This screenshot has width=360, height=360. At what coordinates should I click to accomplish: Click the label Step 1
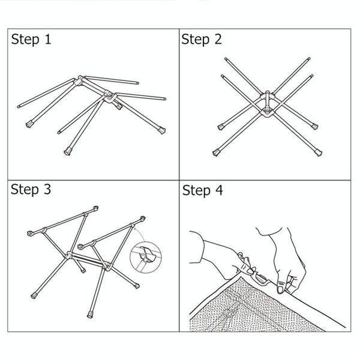[31, 40]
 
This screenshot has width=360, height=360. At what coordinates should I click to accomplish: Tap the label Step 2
[202, 40]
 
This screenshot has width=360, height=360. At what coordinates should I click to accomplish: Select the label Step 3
[31, 190]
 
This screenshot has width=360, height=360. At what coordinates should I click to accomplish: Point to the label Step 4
[203, 191]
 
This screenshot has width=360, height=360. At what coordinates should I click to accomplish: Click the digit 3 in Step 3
[47, 189]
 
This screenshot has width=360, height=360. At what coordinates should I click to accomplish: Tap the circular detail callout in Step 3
[146, 257]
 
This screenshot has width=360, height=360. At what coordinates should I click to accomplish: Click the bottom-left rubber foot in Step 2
[216, 152]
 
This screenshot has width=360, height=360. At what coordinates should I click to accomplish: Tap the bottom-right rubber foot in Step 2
[319, 152]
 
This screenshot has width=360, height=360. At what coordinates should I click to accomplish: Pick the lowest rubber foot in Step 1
[68, 151]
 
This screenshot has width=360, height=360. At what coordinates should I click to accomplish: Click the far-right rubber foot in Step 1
[162, 130]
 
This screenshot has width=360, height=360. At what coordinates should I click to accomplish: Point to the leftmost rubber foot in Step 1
[29, 124]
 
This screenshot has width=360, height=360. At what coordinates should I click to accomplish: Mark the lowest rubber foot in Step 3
[90, 314]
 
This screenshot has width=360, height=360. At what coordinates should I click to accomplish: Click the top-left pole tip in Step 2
[226, 59]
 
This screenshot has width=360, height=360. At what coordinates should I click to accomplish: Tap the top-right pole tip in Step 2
[309, 59]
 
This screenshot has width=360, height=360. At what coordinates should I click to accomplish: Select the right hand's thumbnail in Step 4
[280, 289]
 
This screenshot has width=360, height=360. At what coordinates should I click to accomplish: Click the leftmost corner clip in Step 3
[31, 233]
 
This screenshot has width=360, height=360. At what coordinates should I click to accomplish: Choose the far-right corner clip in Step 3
[143, 218]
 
